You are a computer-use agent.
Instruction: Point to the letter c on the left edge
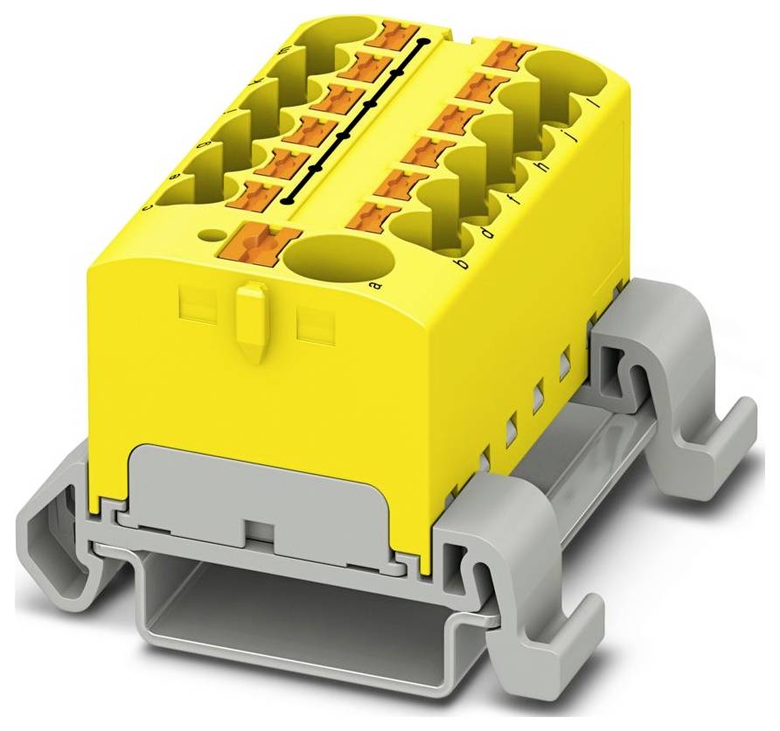tap(148, 206)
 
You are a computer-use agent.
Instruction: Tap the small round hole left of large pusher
tap(211, 234)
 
